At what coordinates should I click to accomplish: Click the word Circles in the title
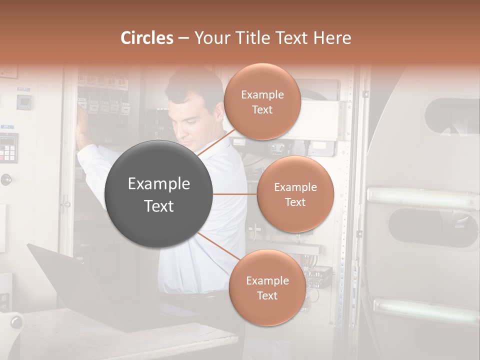point(147,38)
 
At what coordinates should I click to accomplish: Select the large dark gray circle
point(159,194)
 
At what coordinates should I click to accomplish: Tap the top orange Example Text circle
point(262,102)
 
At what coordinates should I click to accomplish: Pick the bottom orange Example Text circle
point(267,287)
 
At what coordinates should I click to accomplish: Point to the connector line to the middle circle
point(234,194)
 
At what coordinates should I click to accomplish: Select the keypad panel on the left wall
point(8,148)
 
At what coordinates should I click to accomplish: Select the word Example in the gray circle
point(159,184)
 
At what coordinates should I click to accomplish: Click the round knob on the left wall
point(6,179)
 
